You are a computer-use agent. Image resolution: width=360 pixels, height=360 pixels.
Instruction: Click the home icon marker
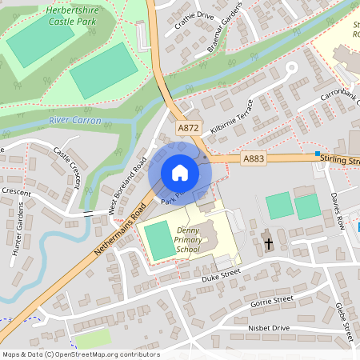pos(180,173)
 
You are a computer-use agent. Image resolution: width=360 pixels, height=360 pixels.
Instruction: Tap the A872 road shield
pos(189,127)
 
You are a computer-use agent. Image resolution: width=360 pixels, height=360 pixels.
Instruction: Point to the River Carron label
pos(75,120)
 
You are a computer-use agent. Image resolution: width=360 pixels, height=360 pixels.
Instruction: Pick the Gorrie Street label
pos(272,301)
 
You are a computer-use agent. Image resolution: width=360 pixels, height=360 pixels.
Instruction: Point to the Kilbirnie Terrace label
pos(232,118)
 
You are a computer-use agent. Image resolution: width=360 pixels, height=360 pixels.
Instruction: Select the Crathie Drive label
pos(194,16)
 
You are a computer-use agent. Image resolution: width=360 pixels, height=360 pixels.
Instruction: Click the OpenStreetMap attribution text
pos(80,354)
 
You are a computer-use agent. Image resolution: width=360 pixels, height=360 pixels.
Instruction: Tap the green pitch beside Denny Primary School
pos(159,242)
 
